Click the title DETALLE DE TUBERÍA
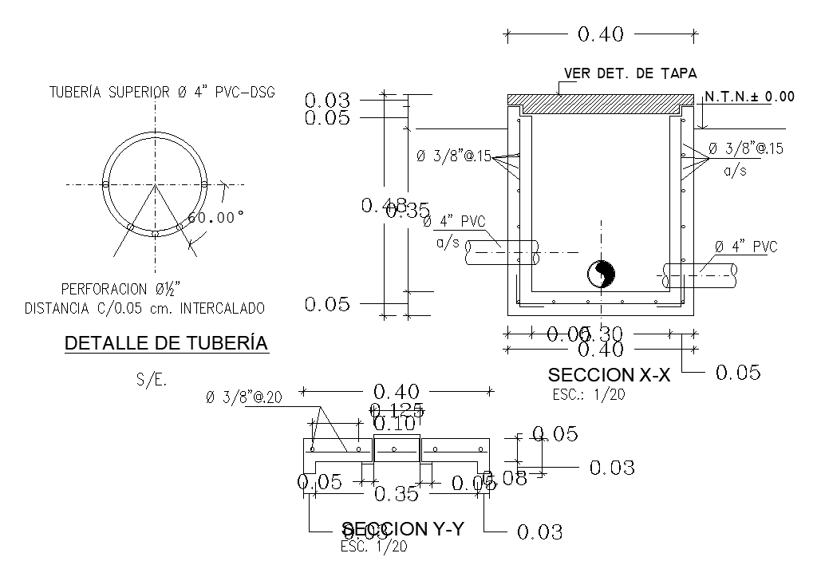pos(166,343)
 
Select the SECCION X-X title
pos(609,374)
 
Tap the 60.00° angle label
pos(216,217)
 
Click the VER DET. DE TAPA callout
pos(630,73)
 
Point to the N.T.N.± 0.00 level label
pos(749,97)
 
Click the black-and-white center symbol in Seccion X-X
pos(601,275)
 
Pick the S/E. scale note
pos(152,381)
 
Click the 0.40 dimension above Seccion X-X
pos(600,34)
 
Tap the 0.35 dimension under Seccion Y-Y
pos(397,494)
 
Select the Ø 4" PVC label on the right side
pos(746,246)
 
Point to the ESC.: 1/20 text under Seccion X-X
pos(588,394)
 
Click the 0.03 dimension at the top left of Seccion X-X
pos(327,101)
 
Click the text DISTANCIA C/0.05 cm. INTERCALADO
pos(145,307)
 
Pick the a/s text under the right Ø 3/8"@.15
pos(735,171)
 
